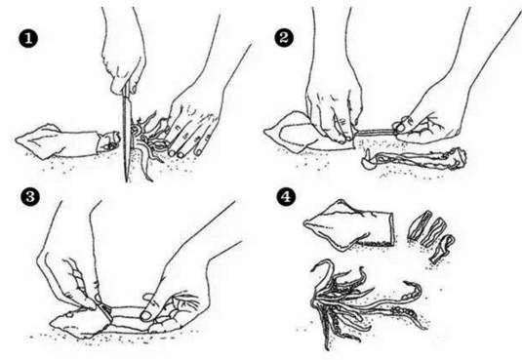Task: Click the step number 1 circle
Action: [x=28, y=39]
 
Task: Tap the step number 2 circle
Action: [x=284, y=38]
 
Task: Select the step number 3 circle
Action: [x=30, y=196]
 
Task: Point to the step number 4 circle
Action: [x=286, y=196]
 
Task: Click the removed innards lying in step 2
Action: [x=414, y=159]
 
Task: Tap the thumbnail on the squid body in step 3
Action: [x=146, y=316]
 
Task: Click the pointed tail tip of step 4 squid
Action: [x=305, y=223]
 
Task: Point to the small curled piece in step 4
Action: [x=442, y=249]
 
